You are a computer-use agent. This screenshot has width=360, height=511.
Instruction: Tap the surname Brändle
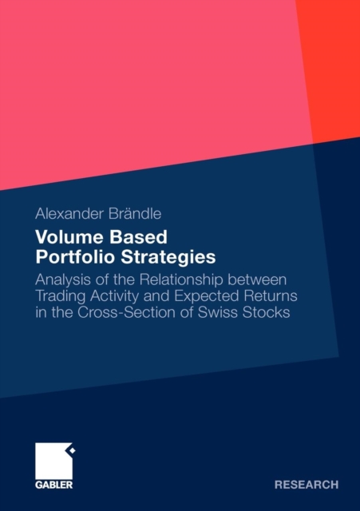tap(135, 214)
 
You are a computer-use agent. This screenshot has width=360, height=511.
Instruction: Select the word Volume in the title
tap(70, 237)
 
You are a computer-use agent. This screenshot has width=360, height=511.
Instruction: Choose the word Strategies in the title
tap(168, 257)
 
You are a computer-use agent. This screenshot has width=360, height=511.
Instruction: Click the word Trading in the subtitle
tap(61, 296)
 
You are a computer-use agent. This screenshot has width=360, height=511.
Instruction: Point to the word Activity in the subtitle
tap(114, 296)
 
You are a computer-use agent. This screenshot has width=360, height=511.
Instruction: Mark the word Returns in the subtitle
tap(271, 296)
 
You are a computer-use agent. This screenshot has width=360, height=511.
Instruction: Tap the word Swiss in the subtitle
tap(218, 312)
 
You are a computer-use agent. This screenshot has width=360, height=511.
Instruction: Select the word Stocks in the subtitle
tap(266, 312)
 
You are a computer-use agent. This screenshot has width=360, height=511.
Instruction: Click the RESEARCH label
tap(307, 485)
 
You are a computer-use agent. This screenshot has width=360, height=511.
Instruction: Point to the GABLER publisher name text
tap(53, 485)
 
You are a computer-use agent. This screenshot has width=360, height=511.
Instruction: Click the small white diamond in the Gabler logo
tap(73, 450)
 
